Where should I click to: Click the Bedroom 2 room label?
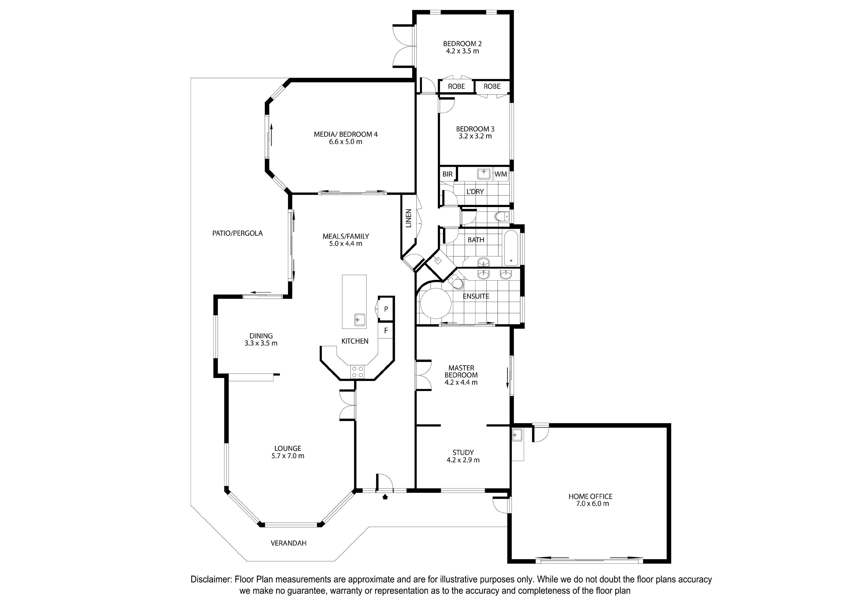(462, 44)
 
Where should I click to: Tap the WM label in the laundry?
(500, 174)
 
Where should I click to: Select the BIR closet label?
(447, 174)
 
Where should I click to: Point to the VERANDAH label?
(289, 543)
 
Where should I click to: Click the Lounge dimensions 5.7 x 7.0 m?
(288, 456)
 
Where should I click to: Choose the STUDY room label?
(463, 452)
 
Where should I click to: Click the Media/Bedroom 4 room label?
(346, 134)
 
